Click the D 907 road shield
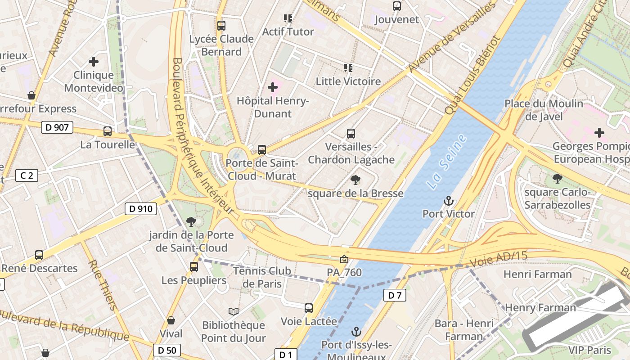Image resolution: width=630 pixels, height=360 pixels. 57,127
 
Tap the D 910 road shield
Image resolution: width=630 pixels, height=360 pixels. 141,209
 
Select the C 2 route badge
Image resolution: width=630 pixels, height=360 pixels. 27,175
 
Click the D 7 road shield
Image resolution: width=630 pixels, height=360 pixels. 395,295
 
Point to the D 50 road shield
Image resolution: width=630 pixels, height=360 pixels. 166,350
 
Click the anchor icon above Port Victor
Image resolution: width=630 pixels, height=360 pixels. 448,201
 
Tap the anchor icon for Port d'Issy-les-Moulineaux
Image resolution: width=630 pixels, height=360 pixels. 356,332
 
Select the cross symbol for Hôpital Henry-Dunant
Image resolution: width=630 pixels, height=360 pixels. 273,87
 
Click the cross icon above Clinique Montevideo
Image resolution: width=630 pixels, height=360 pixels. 94,62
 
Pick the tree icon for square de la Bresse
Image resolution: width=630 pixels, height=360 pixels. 355,180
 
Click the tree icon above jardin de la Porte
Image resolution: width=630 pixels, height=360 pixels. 191,221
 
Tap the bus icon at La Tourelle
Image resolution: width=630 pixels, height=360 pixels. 108,131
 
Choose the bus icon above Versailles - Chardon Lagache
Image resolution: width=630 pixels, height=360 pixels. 351,134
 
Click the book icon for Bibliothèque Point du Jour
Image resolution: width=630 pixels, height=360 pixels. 233,311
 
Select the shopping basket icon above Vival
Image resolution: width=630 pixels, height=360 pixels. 171,320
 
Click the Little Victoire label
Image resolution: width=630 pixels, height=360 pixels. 348,81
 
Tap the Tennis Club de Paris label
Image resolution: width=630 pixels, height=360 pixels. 262,277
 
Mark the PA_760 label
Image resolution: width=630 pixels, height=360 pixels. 344,272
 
